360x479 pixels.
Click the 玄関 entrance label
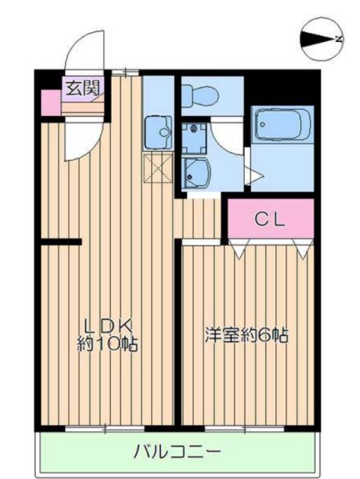(x=83, y=88)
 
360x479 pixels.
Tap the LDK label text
(x=109, y=326)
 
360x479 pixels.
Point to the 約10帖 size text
(x=108, y=344)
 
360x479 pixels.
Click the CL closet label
(x=270, y=219)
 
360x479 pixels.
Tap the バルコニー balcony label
(x=177, y=451)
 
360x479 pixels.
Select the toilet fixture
(x=200, y=96)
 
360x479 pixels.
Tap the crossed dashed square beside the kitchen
(x=158, y=168)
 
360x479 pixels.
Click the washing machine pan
(x=194, y=138)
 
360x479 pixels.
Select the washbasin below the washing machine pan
(x=195, y=172)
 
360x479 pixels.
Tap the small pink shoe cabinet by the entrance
(x=50, y=103)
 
